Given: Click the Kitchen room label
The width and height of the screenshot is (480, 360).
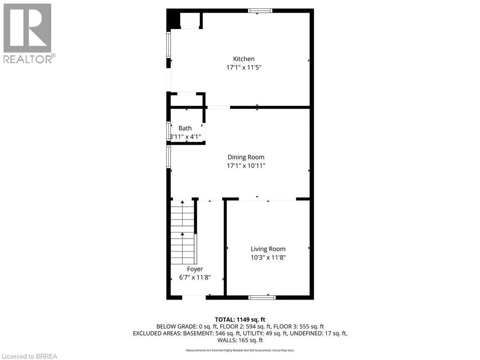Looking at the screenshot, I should point(244,59).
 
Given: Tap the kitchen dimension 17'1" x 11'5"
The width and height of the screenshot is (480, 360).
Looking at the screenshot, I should point(244,67).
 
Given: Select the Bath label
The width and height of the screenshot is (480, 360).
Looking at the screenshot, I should point(185,128).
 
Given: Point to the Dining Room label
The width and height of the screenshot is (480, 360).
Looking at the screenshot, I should point(246,157).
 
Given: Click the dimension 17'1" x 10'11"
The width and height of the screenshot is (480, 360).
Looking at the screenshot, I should point(246,166).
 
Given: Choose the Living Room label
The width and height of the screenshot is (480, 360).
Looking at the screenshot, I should point(268,249).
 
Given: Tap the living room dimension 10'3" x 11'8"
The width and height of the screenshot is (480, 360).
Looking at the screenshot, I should point(268,258).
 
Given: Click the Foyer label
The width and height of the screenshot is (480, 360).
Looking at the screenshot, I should point(195,269).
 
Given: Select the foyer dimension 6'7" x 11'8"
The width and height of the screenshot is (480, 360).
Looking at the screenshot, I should point(195,277).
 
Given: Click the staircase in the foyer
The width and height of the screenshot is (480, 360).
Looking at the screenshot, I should point(183,232).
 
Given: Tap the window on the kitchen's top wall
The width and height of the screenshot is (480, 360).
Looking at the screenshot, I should point(260,11).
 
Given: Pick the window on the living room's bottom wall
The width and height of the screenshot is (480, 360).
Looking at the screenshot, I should point(262,297).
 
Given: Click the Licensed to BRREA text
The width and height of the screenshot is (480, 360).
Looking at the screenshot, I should point(29,356).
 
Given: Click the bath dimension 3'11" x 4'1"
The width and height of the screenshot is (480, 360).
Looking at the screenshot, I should point(185,137).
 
